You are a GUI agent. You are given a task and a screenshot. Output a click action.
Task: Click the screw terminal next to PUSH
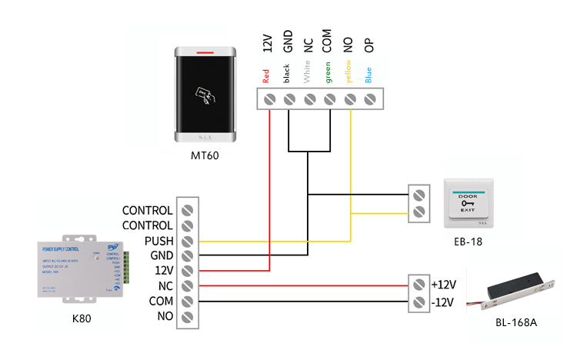click(x=187, y=240)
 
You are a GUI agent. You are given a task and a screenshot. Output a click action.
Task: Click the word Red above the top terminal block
click(x=266, y=76)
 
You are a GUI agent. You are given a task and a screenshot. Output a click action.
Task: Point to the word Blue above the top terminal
click(x=369, y=75)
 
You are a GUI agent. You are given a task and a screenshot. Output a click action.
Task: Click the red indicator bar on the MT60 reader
click(x=205, y=53)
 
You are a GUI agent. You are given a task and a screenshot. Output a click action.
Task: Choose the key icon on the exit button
click(x=468, y=203)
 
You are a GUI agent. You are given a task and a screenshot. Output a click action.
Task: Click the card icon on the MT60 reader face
click(x=205, y=95)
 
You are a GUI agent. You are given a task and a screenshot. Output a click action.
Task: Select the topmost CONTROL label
click(x=158, y=210)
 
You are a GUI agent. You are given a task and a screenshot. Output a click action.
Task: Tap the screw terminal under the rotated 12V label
click(x=270, y=98)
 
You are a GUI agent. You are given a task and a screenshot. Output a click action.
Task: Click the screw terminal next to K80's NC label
click(x=187, y=285)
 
